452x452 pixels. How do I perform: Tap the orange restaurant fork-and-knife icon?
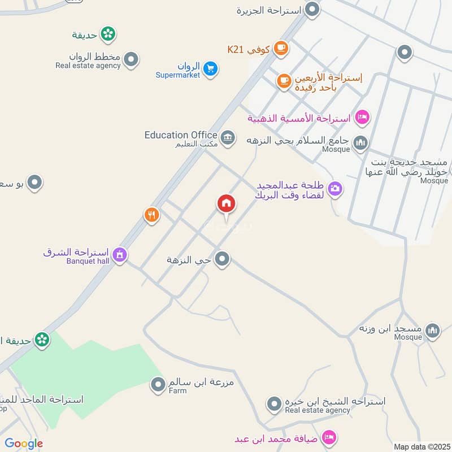pos(151,215)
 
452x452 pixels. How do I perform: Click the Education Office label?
pos(181,135)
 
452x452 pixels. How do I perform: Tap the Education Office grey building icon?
pos(228,138)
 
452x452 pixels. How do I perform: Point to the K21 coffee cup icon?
pos(280,49)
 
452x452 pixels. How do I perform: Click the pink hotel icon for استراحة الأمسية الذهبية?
pos(362,117)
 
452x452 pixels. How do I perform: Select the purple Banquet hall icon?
pos(119,255)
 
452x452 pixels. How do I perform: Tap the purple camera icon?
pos(335,189)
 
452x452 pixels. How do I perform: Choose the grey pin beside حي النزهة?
pos(223,259)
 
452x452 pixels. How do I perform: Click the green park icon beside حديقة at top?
pos(108,34)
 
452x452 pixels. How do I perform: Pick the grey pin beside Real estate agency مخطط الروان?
pos(131,60)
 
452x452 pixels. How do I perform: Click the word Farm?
pos(177,390)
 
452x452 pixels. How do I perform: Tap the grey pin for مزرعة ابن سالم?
pos(157,385)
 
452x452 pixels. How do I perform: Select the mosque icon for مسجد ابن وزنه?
pos(432,331)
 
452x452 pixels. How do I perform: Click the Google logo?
pos(24,444)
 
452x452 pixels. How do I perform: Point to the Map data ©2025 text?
pos(421,447)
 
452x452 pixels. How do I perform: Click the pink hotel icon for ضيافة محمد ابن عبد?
pos(328,437)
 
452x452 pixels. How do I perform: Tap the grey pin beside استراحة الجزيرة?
pos(312,9)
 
